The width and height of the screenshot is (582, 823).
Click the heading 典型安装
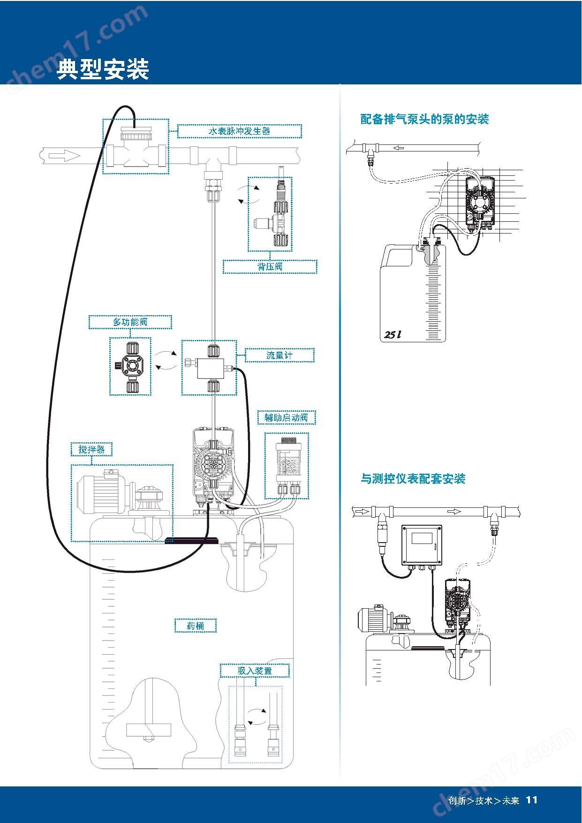[103, 69]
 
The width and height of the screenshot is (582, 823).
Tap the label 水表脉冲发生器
[240, 131]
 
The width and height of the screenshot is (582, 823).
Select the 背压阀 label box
[270, 267]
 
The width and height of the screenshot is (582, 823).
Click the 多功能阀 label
[130, 322]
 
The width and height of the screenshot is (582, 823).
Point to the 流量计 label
[280, 355]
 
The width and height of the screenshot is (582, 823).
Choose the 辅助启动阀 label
[286, 418]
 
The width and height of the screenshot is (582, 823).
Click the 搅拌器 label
[91, 450]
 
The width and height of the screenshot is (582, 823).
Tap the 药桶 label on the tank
[196, 626]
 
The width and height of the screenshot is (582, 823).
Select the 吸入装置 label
[255, 671]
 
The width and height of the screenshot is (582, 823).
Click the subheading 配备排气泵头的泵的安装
[424, 119]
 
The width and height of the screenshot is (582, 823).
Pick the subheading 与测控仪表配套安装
[413, 479]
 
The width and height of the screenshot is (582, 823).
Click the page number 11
[531, 800]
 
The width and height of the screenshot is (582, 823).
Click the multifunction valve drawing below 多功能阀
[130, 366]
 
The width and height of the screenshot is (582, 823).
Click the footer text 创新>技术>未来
[484, 800]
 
